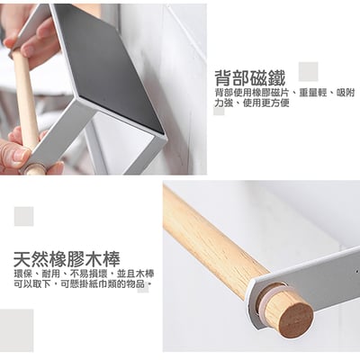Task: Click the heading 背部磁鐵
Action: point(250,78)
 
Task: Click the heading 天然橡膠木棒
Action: point(67,259)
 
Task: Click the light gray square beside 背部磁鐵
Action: point(308,71)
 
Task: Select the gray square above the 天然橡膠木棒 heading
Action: point(24,216)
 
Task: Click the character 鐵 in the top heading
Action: point(276,78)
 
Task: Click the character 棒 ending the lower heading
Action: point(112,259)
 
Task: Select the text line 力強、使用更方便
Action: point(252,103)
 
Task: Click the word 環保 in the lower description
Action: point(22,274)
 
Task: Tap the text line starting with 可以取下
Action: point(82,283)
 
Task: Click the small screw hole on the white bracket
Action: point(357,272)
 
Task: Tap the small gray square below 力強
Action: point(219,112)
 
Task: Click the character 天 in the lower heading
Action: point(22,259)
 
